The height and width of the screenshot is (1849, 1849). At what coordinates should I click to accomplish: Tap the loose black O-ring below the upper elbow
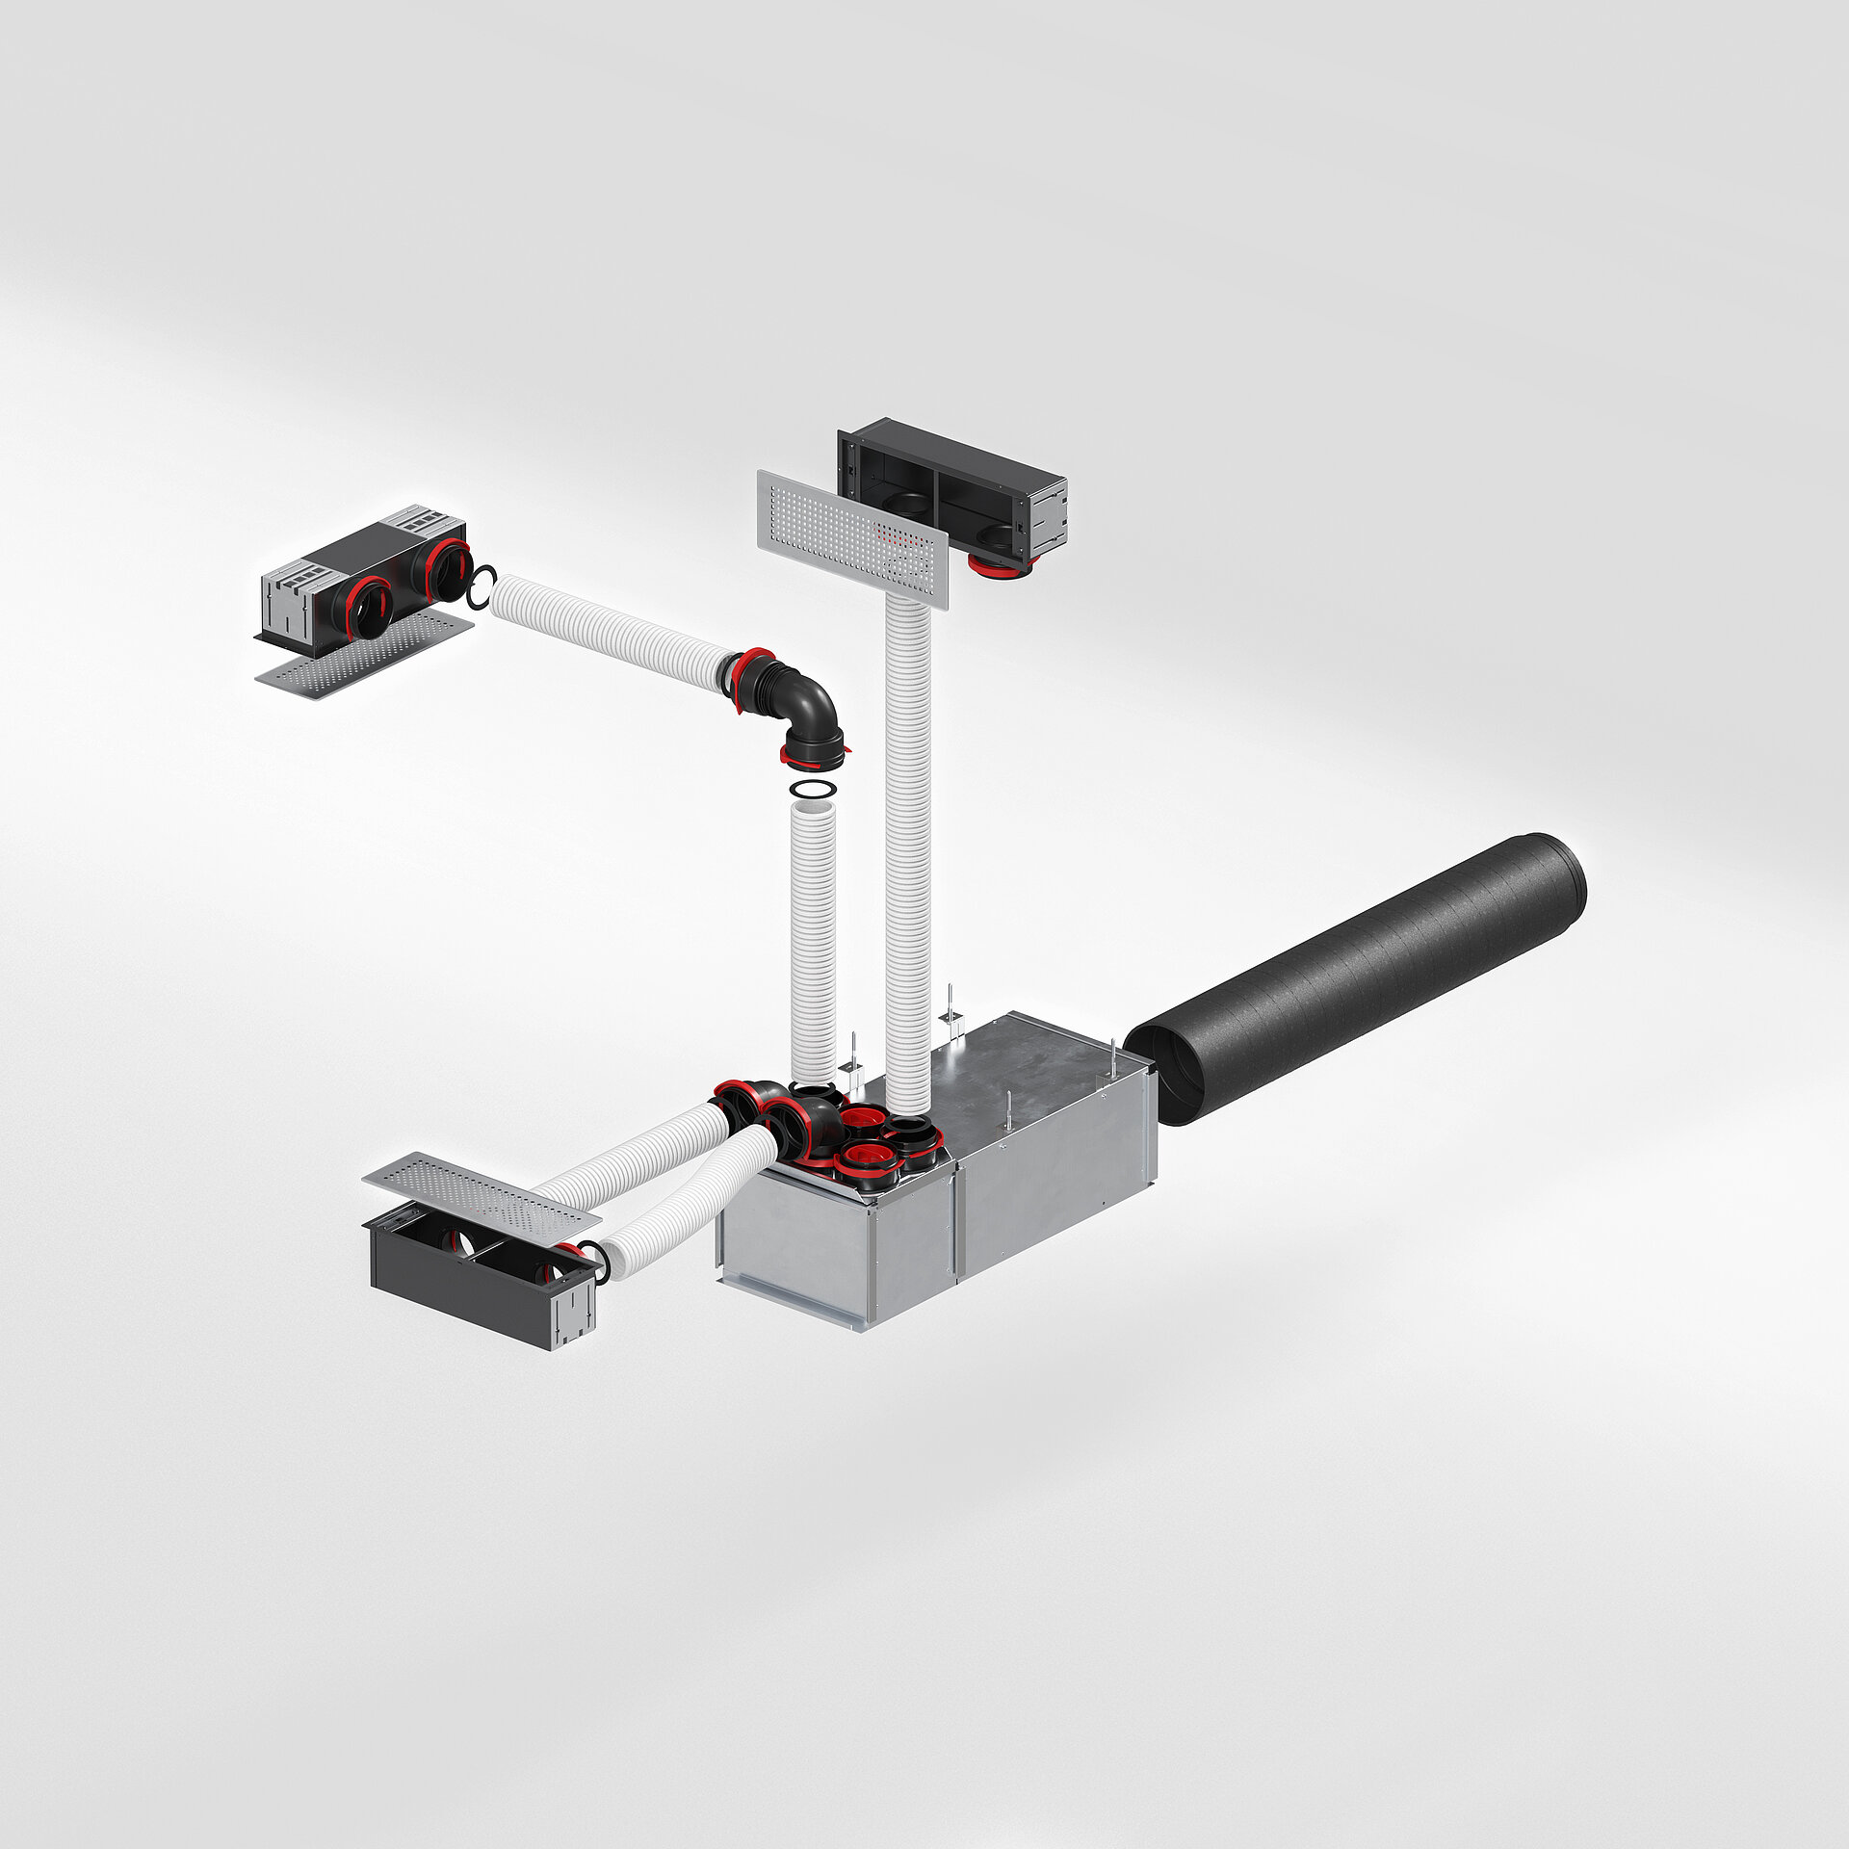click(812, 791)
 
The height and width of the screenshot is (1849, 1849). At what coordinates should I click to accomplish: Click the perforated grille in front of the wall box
click(853, 538)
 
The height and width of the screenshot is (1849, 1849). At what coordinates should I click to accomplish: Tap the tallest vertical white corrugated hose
click(907, 847)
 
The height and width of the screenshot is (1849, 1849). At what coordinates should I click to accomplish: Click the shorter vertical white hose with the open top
click(813, 944)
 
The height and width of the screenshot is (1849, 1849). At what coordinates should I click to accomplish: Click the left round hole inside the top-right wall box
click(905, 503)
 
